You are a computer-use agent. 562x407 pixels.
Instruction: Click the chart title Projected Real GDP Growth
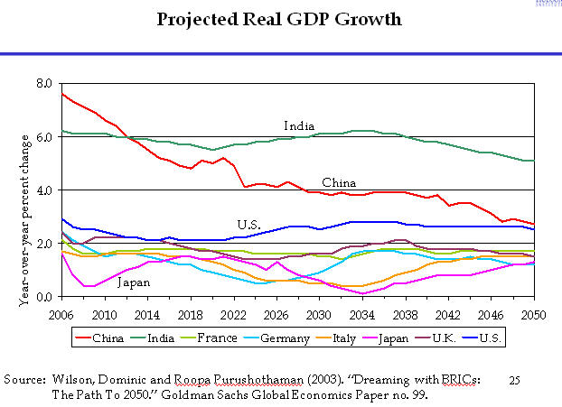tap(280, 19)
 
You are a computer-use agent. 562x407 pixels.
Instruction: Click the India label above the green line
tap(299, 125)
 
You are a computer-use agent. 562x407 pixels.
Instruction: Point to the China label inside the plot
tap(339, 183)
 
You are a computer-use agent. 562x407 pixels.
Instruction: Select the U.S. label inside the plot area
tap(249, 224)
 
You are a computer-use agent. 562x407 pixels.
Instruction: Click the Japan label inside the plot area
tap(133, 282)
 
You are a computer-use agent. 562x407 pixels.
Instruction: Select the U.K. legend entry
tap(460, 338)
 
